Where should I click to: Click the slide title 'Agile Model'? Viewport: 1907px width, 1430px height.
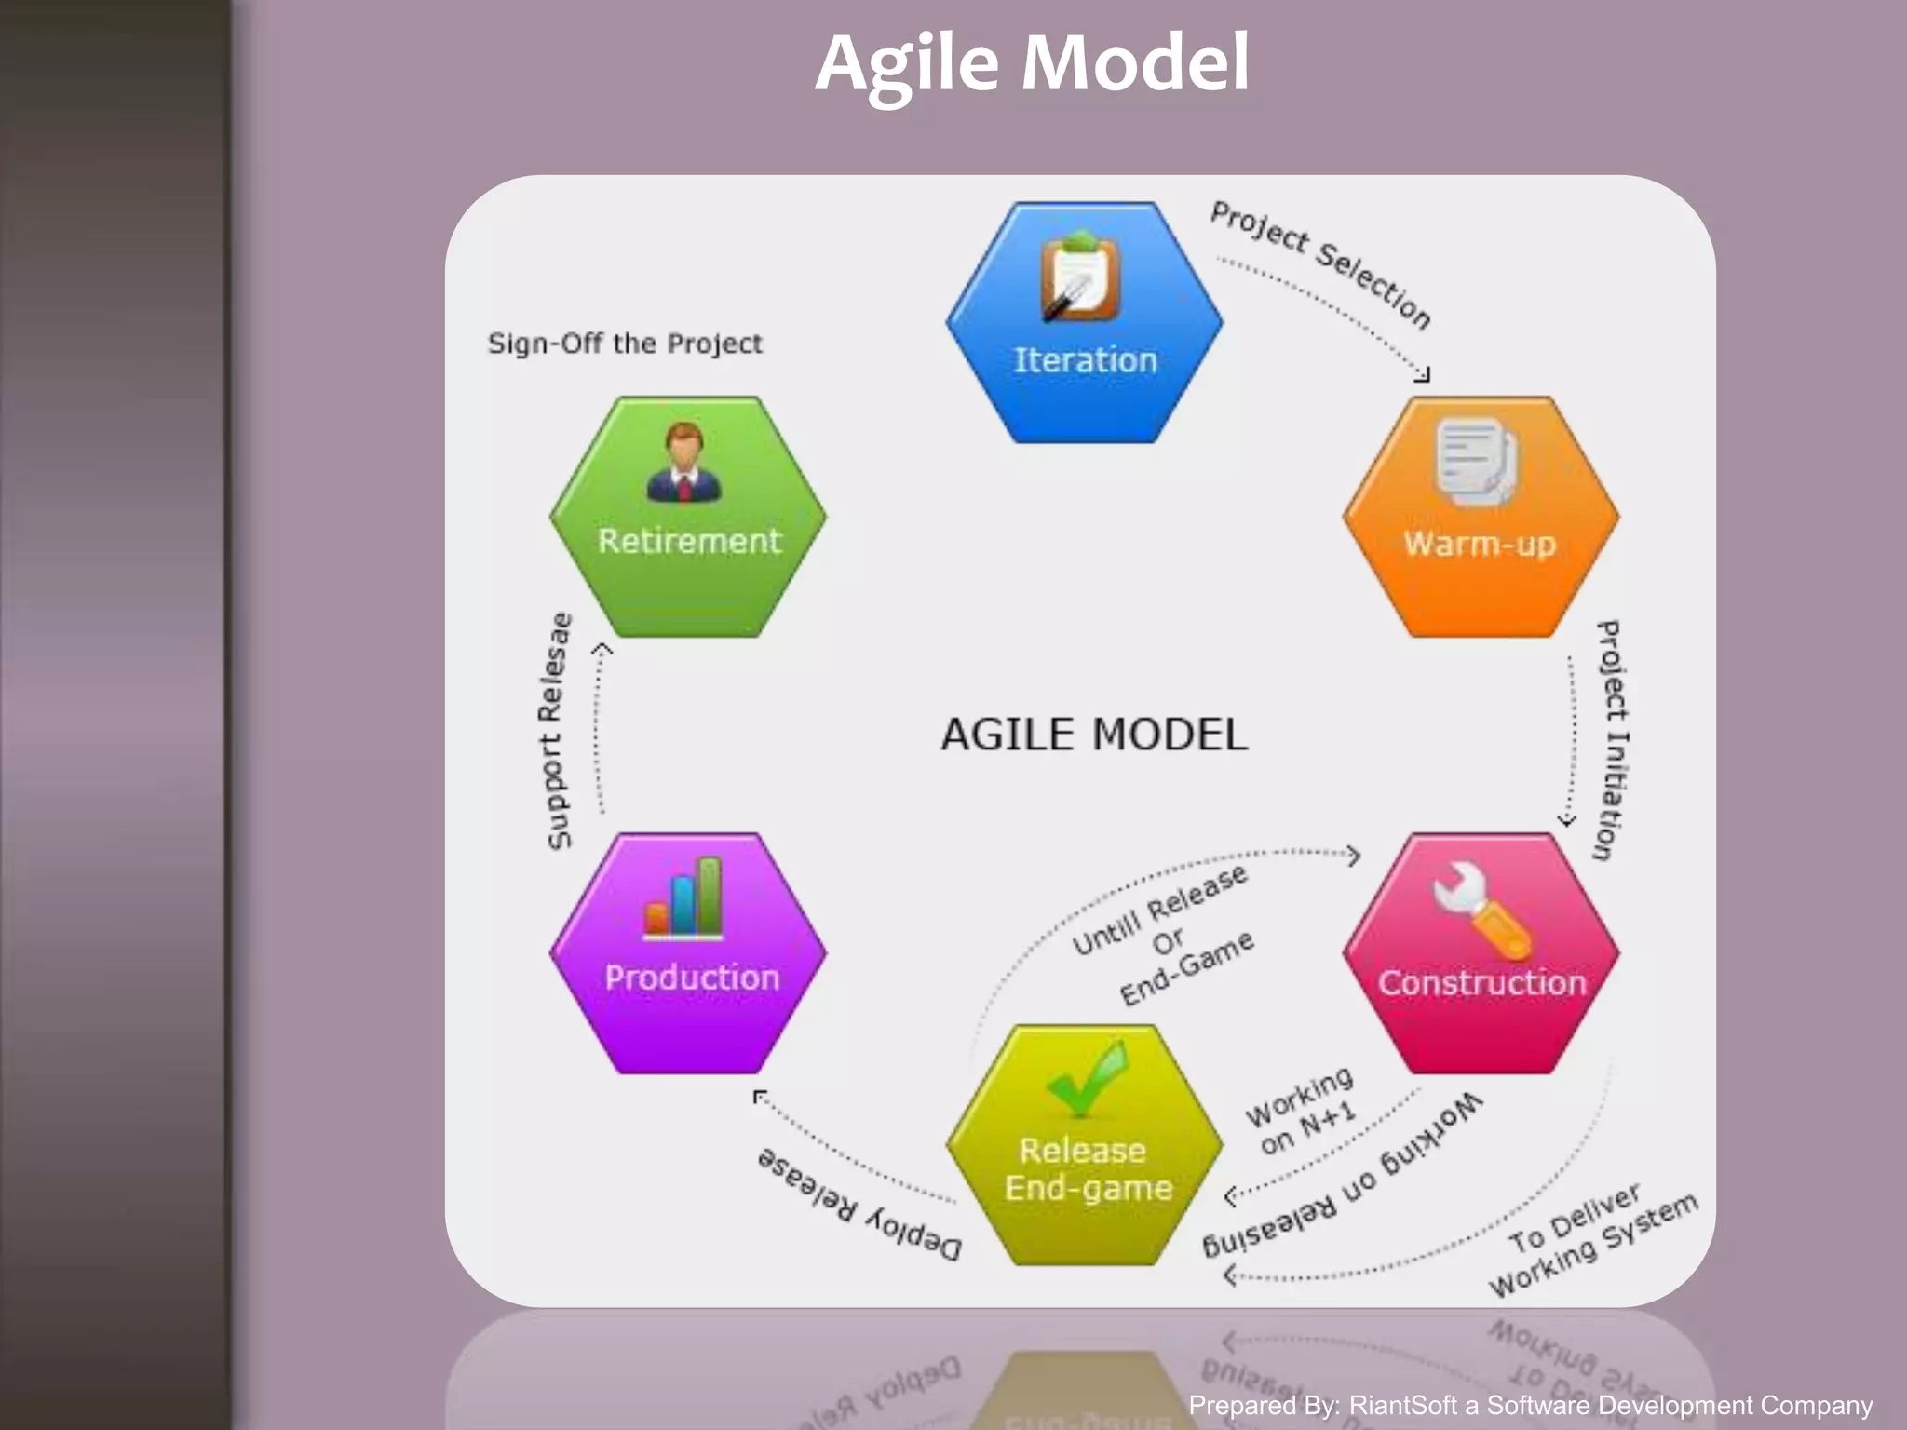[1032, 63]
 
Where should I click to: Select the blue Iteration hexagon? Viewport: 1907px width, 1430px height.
[1085, 322]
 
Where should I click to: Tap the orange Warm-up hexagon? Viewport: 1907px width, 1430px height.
[1481, 518]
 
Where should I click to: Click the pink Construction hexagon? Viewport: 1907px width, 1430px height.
[1481, 954]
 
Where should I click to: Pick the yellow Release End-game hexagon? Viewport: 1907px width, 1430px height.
[1086, 1146]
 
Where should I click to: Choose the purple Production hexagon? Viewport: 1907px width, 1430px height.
[689, 954]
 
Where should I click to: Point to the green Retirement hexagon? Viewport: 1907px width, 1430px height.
[689, 518]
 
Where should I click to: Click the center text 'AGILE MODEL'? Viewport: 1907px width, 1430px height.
[1094, 735]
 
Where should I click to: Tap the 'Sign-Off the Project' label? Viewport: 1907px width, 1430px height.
[625, 344]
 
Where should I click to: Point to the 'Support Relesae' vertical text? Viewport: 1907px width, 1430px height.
[556, 731]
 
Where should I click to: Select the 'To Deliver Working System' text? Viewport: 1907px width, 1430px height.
[1592, 1243]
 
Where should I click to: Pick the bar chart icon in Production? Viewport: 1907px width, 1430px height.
[683, 897]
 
